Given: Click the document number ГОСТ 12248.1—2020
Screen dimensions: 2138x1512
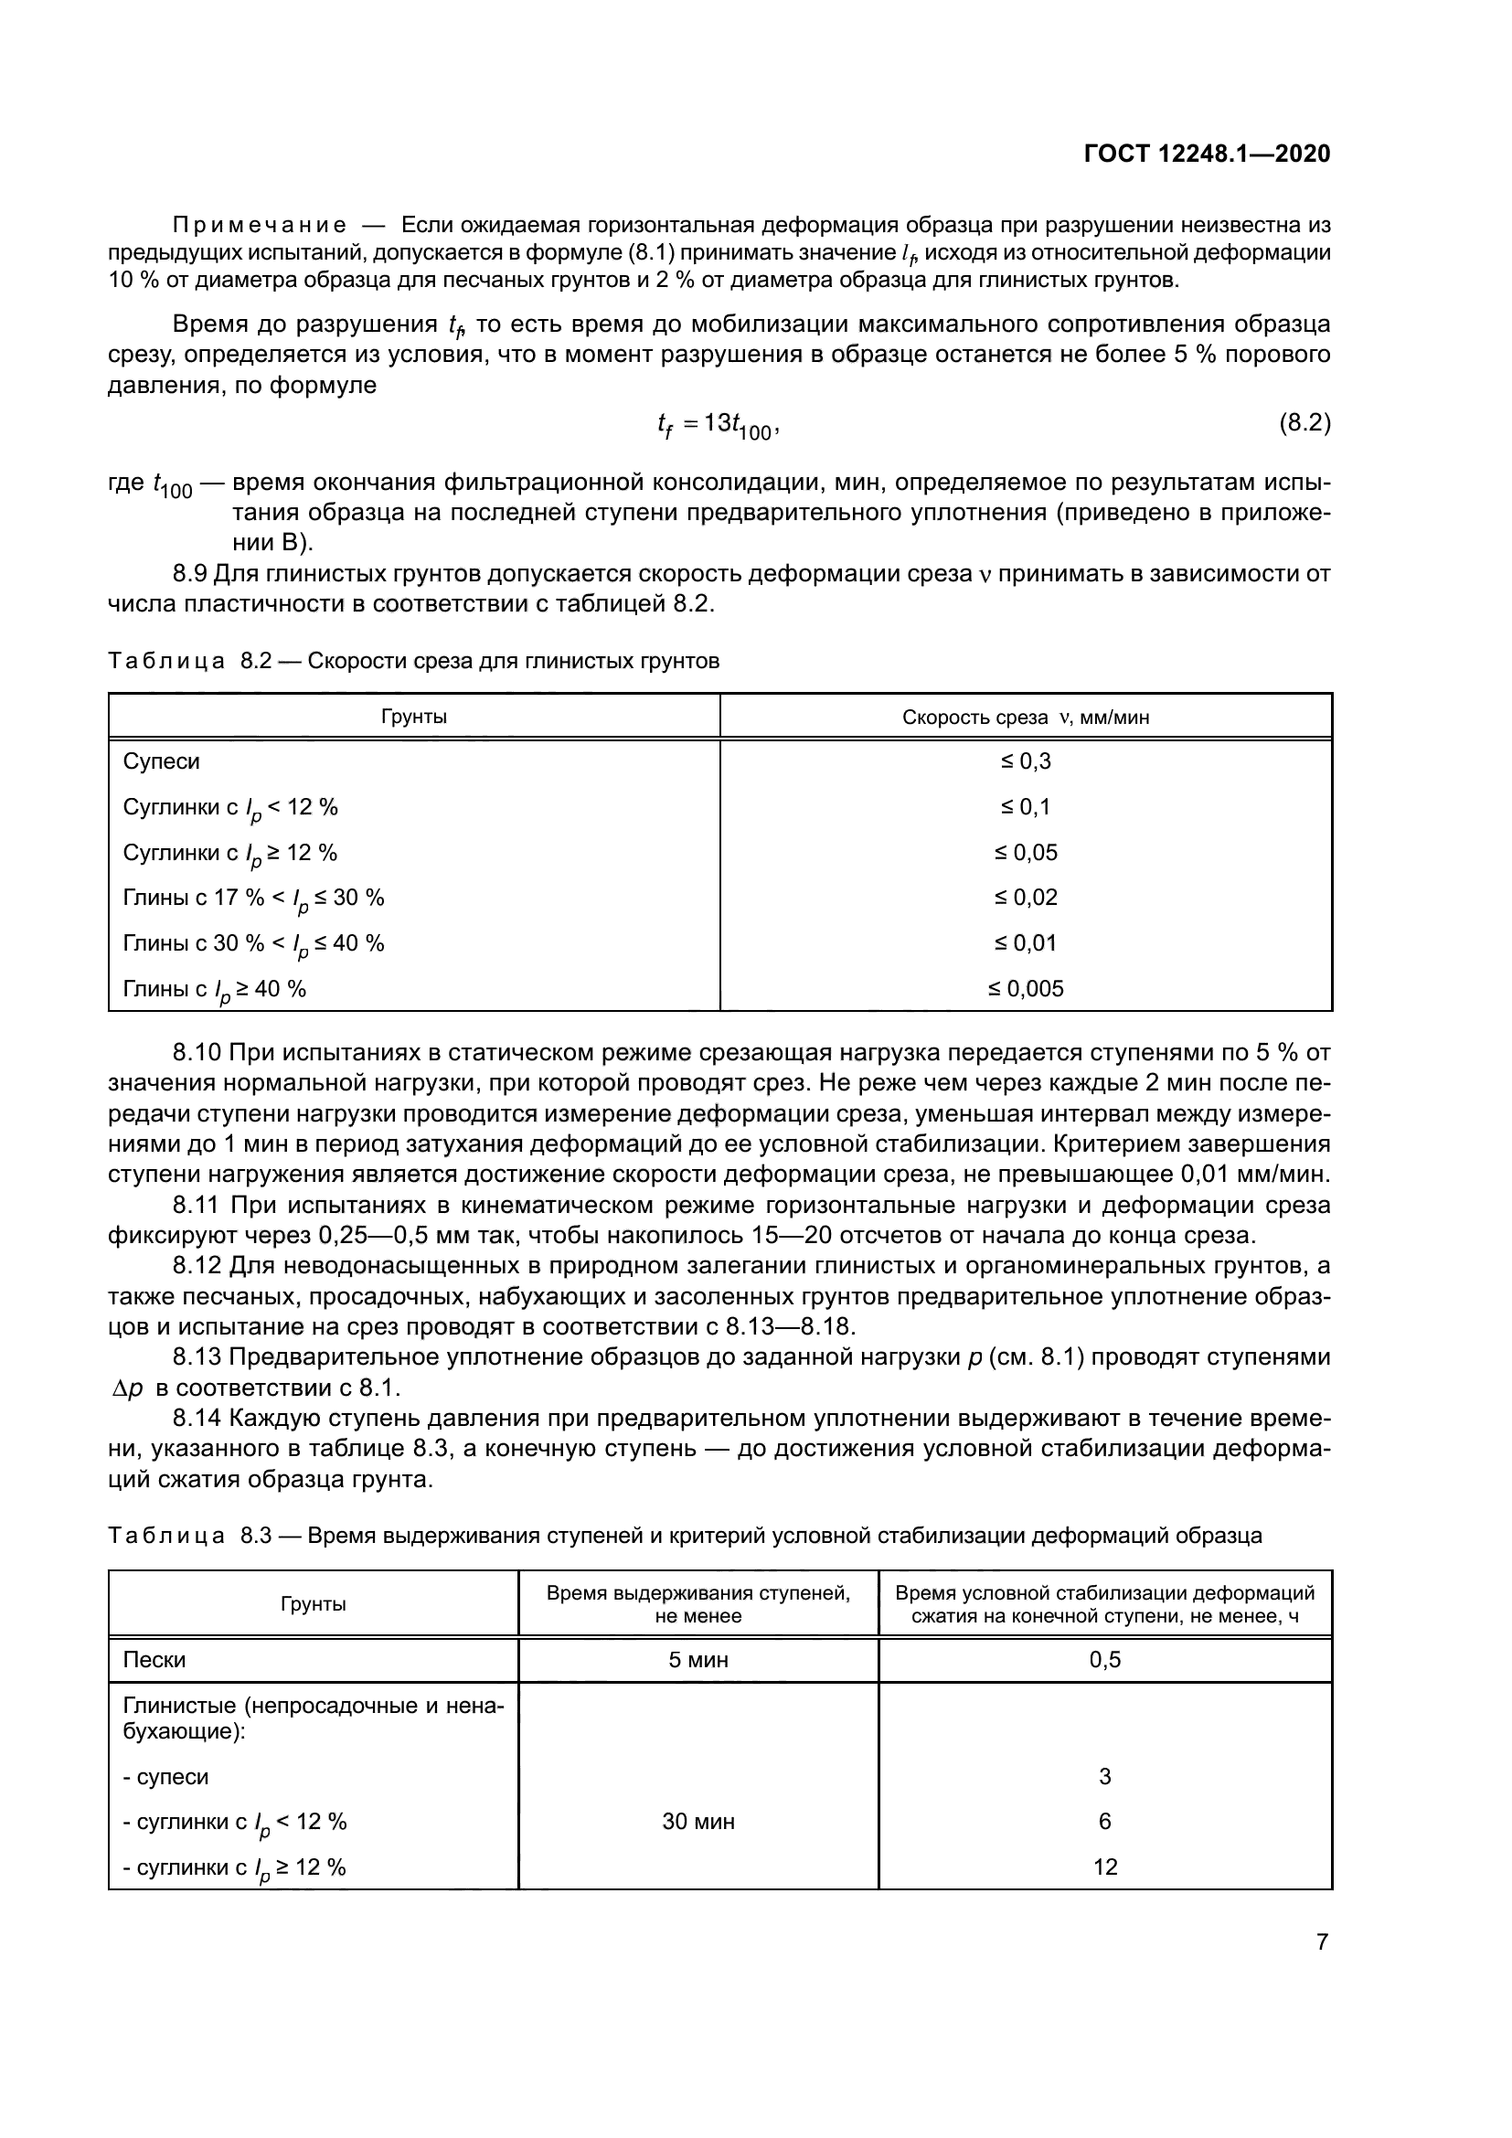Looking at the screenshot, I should coord(1207,154).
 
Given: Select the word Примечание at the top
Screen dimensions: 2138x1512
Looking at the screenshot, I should coord(260,226).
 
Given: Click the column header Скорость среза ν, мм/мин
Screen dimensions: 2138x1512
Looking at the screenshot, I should coord(1025,717).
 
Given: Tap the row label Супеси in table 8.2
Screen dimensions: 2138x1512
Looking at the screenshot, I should coord(161,761).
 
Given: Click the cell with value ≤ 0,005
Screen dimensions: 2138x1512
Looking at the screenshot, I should coord(1025,989).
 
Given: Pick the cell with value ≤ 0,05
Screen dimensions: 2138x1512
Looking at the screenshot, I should coord(1025,853).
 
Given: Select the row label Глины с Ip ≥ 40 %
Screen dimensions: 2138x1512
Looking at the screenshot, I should coord(214,990).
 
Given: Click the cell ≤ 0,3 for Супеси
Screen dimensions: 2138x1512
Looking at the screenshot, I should coord(1025,761).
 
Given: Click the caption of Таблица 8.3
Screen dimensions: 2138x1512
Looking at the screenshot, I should coord(685,1536).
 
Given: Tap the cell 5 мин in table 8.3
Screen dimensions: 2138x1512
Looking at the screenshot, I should coord(698,1660).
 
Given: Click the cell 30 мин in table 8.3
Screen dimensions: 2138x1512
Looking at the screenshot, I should coord(698,1822).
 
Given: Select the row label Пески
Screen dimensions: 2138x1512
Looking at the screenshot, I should coord(154,1660).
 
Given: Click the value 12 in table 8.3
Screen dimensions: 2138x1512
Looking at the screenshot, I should coord(1105,1867).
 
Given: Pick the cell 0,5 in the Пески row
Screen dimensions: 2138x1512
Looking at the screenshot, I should coord(1105,1660).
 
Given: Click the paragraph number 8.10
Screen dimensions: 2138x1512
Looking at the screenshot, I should coord(197,1053).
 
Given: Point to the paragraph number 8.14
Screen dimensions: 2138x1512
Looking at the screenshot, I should coord(197,1420).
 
